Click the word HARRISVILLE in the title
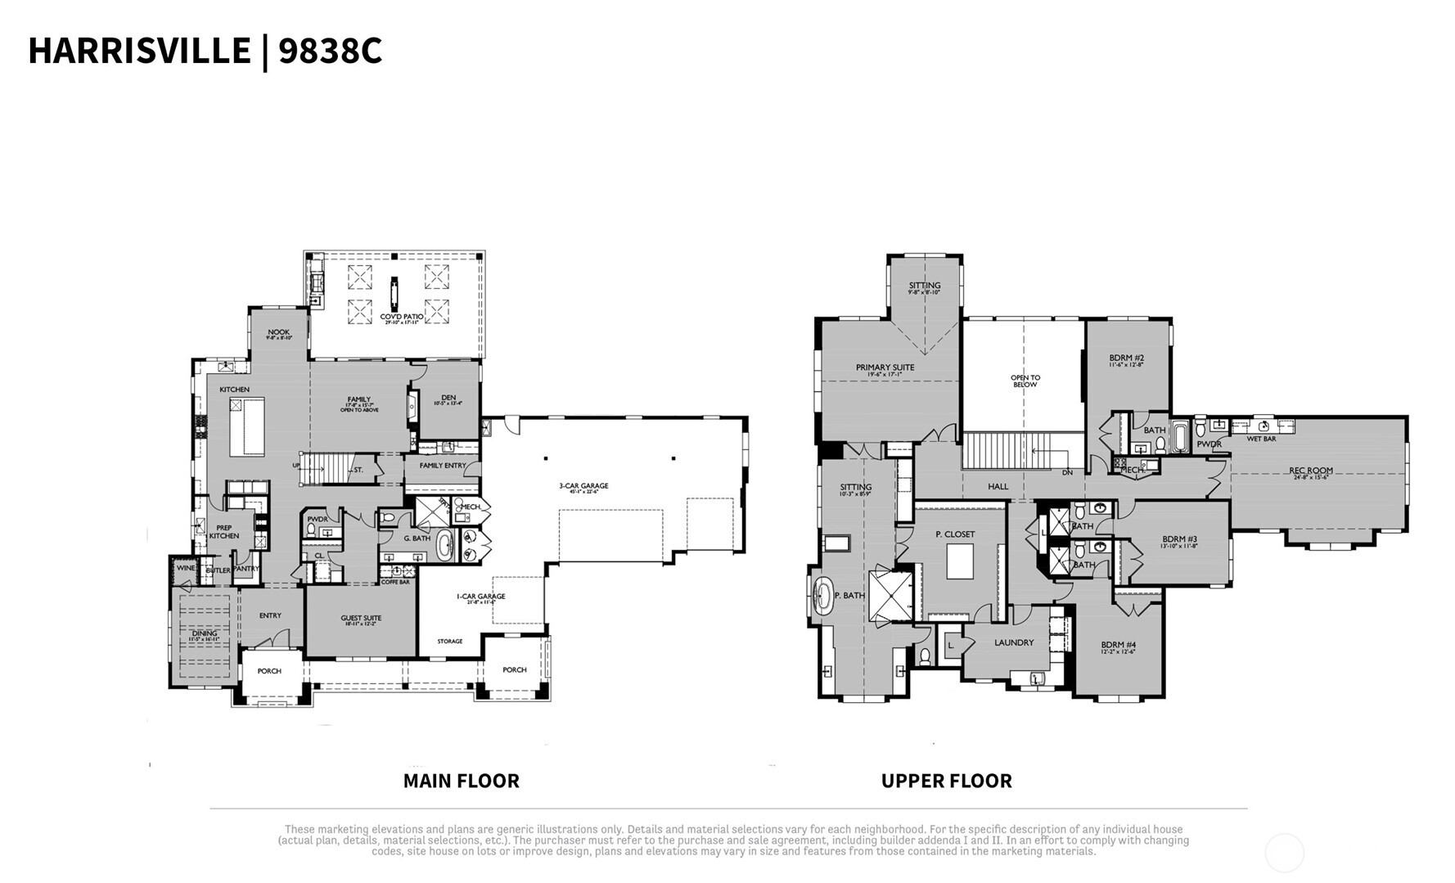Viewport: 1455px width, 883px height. (x=139, y=51)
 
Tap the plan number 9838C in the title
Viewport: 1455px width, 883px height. (x=330, y=51)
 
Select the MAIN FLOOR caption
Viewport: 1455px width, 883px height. (x=461, y=781)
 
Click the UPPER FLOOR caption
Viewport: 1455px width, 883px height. (x=946, y=781)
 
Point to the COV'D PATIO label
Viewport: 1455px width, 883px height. (x=402, y=317)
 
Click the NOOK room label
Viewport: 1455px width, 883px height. (x=278, y=333)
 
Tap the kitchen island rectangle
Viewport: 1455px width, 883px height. (x=247, y=426)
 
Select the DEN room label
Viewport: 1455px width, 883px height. (x=448, y=399)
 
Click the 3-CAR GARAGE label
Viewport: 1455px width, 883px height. (x=583, y=486)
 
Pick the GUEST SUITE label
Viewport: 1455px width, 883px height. (x=361, y=619)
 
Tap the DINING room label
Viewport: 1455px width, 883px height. (x=205, y=633)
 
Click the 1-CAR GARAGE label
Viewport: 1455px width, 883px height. (x=480, y=597)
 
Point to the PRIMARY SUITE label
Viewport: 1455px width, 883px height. (x=885, y=367)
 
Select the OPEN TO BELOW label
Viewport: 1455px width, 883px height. (x=1025, y=381)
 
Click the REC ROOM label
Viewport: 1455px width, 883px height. (x=1311, y=471)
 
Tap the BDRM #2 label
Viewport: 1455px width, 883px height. (x=1126, y=358)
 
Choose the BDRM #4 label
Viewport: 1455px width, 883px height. (x=1118, y=645)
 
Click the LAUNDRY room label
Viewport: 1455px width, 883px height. (x=1014, y=642)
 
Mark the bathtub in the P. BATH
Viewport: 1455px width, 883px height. (x=822, y=596)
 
